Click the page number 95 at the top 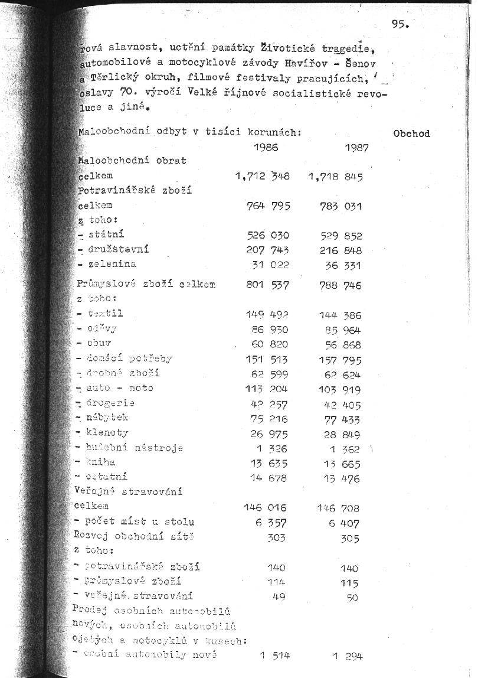point(400,24)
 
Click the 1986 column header point(266,148)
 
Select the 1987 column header point(356,148)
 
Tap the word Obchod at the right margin point(411,133)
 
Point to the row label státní point(106,234)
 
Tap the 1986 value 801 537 point(267,285)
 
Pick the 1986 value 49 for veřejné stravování point(279,597)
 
